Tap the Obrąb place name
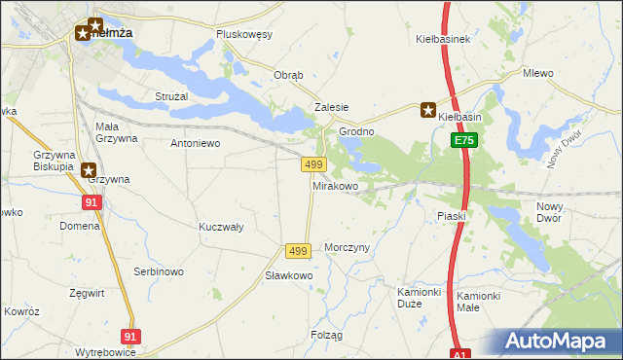point(289,76)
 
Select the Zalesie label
point(331,108)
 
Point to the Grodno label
point(356,131)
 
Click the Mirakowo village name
point(335,185)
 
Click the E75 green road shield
point(464,141)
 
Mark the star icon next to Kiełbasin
point(427,110)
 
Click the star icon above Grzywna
point(89,169)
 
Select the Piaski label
point(452,216)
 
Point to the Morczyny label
point(348,247)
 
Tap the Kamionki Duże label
point(420,298)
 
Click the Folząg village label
point(327,335)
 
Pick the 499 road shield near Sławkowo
point(298,251)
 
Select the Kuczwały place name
point(220,227)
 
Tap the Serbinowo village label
point(159,271)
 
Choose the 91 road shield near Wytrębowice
point(131,336)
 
